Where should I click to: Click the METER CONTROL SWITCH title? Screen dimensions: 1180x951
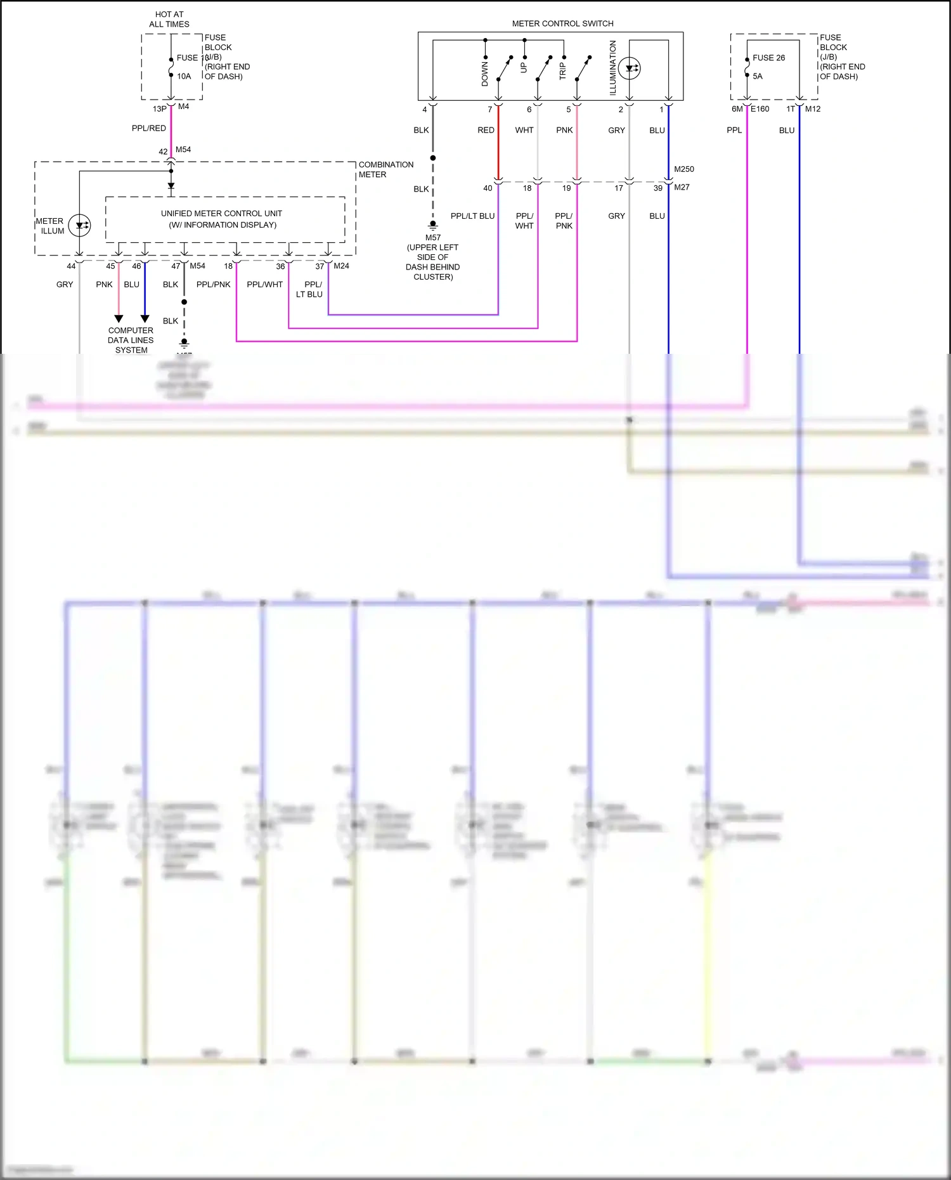point(562,23)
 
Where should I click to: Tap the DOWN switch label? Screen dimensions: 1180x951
point(485,74)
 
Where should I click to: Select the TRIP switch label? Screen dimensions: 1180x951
point(562,70)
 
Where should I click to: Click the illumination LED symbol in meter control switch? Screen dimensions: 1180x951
point(630,68)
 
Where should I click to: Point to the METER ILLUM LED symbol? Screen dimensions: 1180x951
point(79,225)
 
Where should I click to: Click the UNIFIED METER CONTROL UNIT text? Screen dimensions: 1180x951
point(221,214)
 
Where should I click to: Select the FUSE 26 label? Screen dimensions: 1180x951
point(768,58)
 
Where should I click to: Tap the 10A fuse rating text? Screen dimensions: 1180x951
point(184,76)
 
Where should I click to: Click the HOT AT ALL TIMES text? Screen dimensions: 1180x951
point(169,19)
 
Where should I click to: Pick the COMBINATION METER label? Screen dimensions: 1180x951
point(385,169)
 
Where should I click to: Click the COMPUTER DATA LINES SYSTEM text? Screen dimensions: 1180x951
point(131,340)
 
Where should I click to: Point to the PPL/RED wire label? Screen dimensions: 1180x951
point(149,128)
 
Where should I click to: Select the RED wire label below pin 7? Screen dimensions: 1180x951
point(486,130)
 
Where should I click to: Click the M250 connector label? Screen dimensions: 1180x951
point(683,169)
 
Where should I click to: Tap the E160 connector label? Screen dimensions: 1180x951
point(760,109)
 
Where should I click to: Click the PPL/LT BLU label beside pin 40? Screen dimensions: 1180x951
point(472,216)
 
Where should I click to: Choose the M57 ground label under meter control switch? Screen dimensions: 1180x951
point(433,238)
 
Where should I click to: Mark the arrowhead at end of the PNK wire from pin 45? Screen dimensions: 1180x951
point(119,318)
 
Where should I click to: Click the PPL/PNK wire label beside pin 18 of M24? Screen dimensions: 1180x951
point(213,285)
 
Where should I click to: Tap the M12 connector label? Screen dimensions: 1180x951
point(813,109)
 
